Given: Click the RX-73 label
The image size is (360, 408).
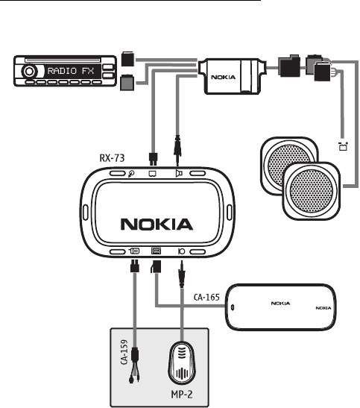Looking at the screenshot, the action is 112,158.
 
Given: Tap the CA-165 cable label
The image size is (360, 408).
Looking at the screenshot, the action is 206,297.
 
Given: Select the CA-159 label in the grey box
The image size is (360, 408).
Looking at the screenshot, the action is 124,352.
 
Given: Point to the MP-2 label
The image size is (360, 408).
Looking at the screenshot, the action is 182,395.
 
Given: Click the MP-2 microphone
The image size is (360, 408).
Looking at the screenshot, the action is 181,363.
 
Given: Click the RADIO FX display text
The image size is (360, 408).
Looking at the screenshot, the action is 71,71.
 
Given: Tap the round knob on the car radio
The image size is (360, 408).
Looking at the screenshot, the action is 29,72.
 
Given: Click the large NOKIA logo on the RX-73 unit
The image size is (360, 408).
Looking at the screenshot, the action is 157,225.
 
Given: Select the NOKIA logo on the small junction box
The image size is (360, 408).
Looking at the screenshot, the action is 224,77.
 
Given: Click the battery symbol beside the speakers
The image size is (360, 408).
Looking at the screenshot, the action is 344,146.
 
